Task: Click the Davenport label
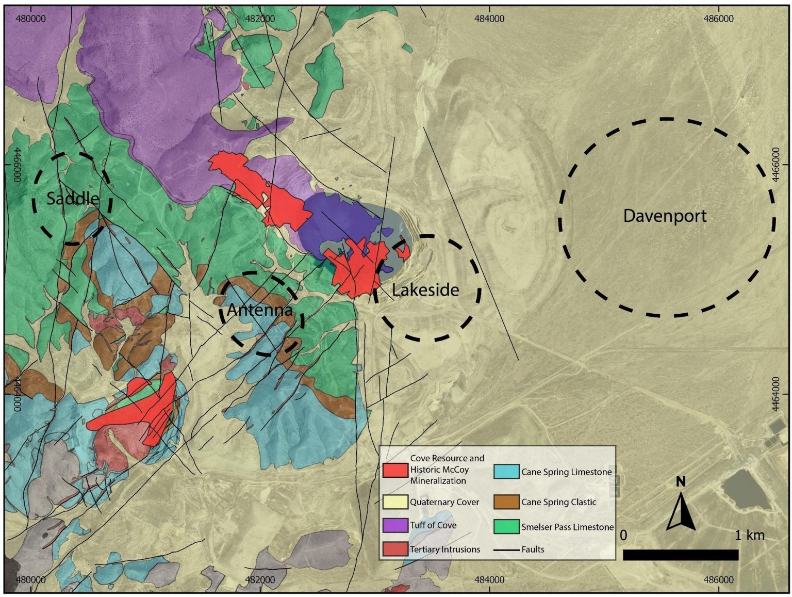click(x=665, y=216)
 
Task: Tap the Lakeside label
click(x=425, y=290)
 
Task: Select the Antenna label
click(x=260, y=310)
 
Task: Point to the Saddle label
click(x=73, y=198)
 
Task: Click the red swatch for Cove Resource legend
click(x=395, y=470)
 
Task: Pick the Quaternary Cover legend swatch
click(x=395, y=502)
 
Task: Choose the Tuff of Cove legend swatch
click(x=395, y=525)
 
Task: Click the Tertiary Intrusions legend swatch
click(x=395, y=549)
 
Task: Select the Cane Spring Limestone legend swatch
click(x=506, y=472)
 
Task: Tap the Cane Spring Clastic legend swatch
click(x=506, y=502)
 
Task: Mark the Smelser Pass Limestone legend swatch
click(x=506, y=526)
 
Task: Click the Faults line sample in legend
click(x=506, y=550)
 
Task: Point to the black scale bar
click(x=681, y=555)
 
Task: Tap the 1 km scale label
click(x=749, y=535)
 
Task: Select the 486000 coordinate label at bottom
click(x=718, y=580)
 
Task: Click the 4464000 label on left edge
click(x=16, y=394)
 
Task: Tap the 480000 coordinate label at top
click(x=30, y=19)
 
